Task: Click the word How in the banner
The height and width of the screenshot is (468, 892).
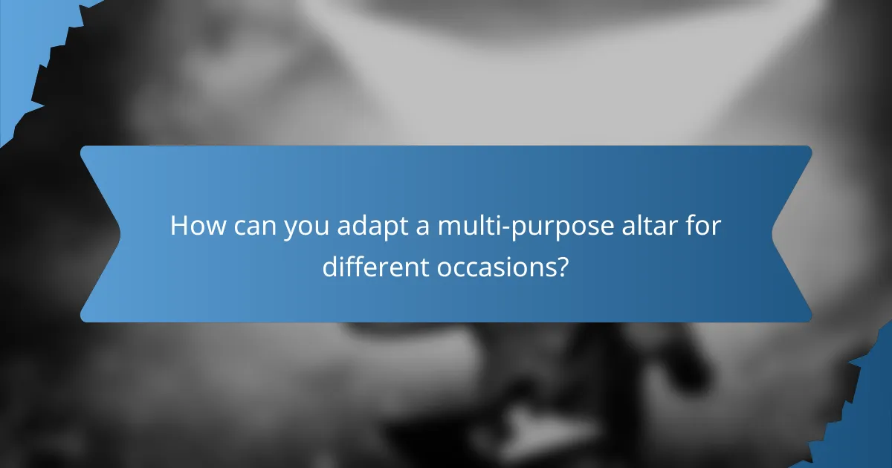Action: tap(195, 226)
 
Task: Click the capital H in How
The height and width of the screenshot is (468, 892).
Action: tap(179, 226)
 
